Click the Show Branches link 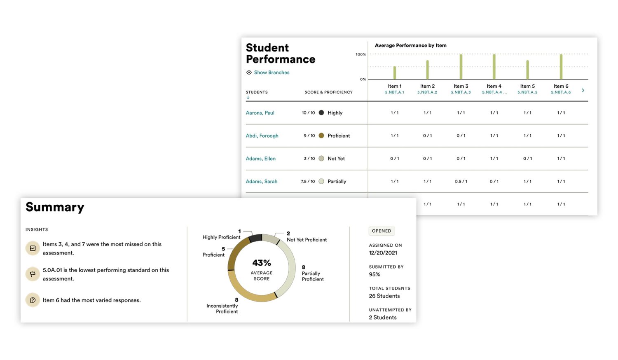click(x=271, y=72)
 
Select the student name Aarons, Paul click(x=260, y=113)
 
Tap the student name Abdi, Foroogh click(x=262, y=136)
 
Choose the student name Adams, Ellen click(x=261, y=159)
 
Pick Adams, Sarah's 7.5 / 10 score click(x=308, y=182)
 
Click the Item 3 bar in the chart click(x=461, y=67)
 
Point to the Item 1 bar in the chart click(x=395, y=72)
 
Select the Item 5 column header click(x=527, y=89)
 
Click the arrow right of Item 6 click(x=583, y=90)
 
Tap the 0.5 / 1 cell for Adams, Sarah click(x=461, y=182)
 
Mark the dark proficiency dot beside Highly click(x=321, y=112)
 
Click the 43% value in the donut click(x=262, y=263)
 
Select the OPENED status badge click(x=382, y=231)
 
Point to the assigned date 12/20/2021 click(x=383, y=253)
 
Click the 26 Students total click(x=384, y=296)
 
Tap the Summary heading click(x=55, y=207)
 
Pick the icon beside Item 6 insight click(x=33, y=300)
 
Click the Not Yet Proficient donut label click(x=307, y=240)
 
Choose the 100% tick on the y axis click(x=360, y=54)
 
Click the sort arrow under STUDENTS click(x=248, y=98)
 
